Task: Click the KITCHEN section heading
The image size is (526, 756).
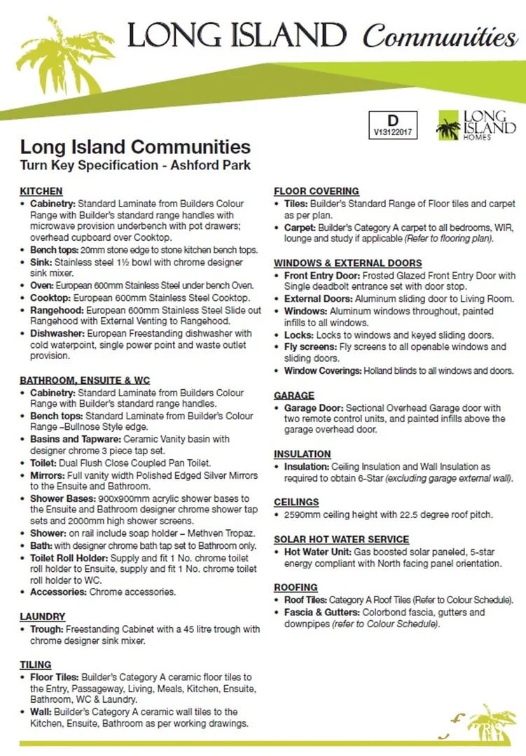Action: (x=41, y=191)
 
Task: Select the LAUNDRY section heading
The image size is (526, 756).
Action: (x=43, y=617)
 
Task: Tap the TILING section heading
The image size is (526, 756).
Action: (x=36, y=664)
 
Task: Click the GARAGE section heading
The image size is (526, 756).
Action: (x=294, y=395)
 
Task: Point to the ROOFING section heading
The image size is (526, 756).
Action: (x=296, y=587)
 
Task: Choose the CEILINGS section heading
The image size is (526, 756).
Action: (x=296, y=502)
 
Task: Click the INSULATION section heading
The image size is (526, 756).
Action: (x=302, y=454)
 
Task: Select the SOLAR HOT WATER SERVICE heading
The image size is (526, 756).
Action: (x=341, y=540)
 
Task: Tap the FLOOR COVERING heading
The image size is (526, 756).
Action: (x=317, y=191)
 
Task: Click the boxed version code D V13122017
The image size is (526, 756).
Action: (x=392, y=124)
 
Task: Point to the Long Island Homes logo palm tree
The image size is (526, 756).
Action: (x=448, y=127)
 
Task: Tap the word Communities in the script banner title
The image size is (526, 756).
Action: (x=440, y=36)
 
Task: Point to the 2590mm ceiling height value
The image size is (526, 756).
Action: (x=301, y=514)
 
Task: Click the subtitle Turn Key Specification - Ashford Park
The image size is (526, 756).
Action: (x=135, y=166)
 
